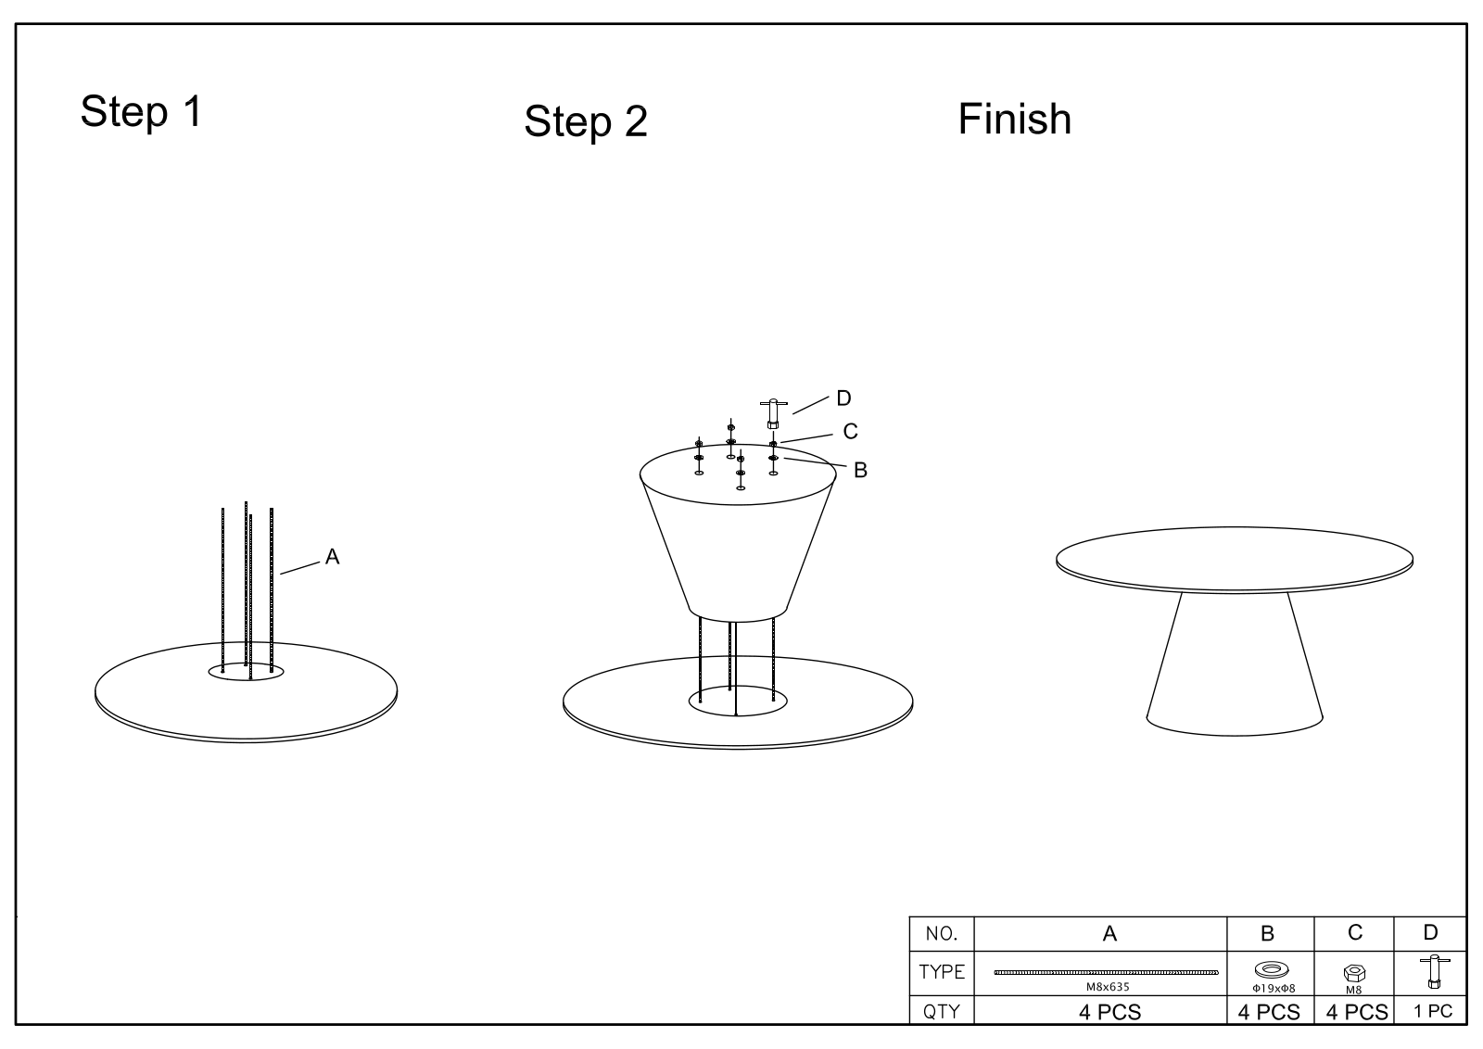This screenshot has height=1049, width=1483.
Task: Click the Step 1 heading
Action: tap(141, 111)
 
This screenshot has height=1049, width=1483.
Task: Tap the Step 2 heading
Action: tap(585, 121)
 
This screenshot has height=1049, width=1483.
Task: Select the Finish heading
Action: tap(1014, 120)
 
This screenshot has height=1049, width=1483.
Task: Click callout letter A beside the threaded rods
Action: tap(333, 557)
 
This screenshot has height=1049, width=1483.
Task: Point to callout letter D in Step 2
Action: tap(843, 398)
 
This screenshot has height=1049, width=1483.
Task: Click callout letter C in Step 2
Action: tap(850, 432)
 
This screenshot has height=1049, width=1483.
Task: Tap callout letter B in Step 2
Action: tap(860, 470)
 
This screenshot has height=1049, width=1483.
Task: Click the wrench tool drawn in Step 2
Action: tap(773, 413)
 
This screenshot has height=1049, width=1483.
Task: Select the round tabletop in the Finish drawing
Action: tap(1234, 560)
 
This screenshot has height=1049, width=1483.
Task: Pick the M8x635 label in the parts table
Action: tap(1107, 987)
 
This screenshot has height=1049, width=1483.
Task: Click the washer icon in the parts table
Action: tap(1271, 969)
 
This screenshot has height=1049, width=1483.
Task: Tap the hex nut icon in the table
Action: tap(1354, 973)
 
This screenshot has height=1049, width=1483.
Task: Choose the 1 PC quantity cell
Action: tap(1433, 1011)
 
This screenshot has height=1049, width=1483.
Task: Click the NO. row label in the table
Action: tap(941, 934)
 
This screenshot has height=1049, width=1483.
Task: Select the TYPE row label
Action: tap(942, 971)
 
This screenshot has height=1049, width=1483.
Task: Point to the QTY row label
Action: tap(941, 1011)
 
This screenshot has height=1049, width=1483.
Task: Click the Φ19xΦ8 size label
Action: tap(1274, 989)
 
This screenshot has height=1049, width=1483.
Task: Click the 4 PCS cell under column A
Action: tap(1109, 1012)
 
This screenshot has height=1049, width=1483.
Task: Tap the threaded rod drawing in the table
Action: tap(1106, 972)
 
